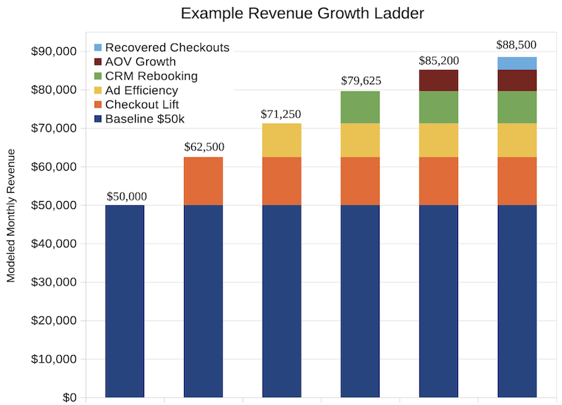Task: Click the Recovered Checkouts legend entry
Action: tap(161, 48)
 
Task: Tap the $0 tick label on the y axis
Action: tap(67, 397)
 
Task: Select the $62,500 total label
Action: tap(203, 148)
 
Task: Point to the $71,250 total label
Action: tap(282, 114)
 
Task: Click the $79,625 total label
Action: tap(360, 82)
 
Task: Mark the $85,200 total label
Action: tap(438, 60)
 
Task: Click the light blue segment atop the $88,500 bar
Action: tap(517, 64)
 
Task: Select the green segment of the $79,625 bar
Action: tap(360, 108)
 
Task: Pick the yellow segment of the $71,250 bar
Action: tap(282, 141)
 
